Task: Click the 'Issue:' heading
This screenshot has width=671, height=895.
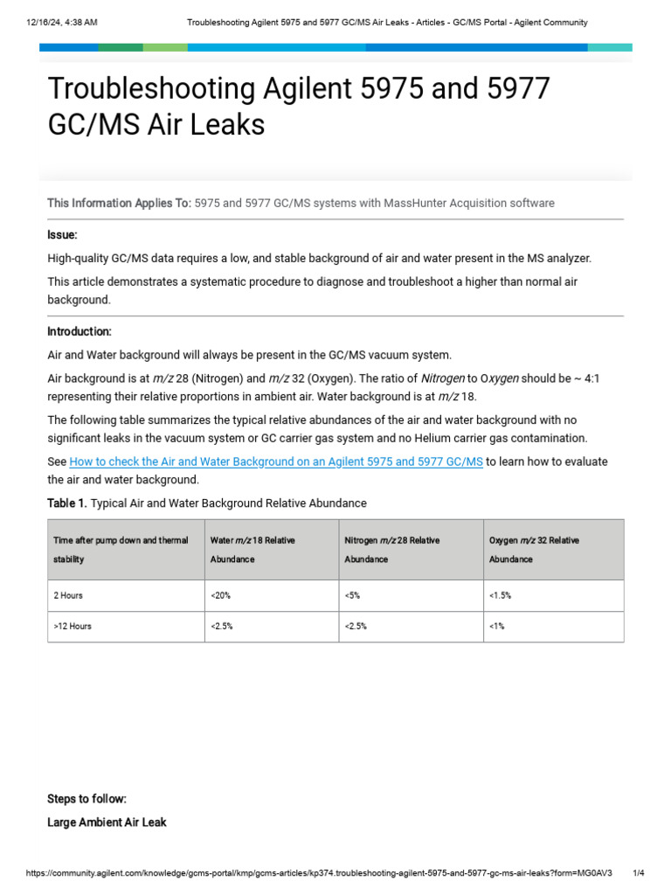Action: (62, 235)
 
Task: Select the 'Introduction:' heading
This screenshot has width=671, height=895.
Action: (80, 332)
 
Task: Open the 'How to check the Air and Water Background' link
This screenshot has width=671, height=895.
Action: (276, 461)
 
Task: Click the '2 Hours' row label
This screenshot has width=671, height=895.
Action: (68, 595)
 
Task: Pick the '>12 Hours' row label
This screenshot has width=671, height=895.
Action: (73, 627)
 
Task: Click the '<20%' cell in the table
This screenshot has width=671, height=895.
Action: (221, 595)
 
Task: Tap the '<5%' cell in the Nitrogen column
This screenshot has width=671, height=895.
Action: (352, 595)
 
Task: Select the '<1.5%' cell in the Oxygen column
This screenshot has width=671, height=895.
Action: (501, 595)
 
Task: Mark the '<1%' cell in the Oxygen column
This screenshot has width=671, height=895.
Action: (497, 627)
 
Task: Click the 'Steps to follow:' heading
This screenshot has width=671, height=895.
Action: (86, 799)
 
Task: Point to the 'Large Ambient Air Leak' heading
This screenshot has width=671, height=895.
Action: (107, 822)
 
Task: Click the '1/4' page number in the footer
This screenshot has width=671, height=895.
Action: (638, 873)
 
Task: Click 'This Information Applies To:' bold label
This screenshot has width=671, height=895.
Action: (119, 204)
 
